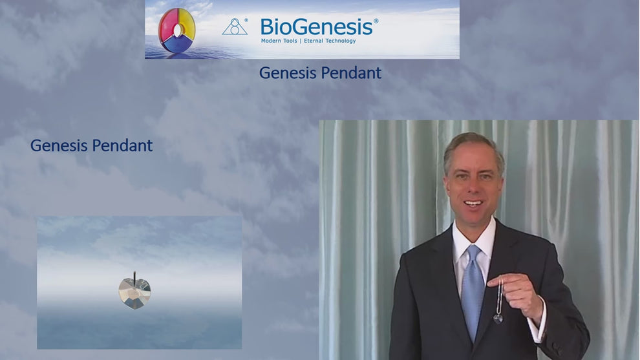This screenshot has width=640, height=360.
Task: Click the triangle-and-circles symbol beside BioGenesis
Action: (235, 27)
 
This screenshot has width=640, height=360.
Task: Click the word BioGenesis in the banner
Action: (316, 26)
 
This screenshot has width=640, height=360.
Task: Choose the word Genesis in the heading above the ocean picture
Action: (59, 145)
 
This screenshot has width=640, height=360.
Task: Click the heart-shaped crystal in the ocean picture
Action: (135, 292)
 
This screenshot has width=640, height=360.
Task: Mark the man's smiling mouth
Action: (474, 203)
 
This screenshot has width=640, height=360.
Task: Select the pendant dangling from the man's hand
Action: (498, 317)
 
